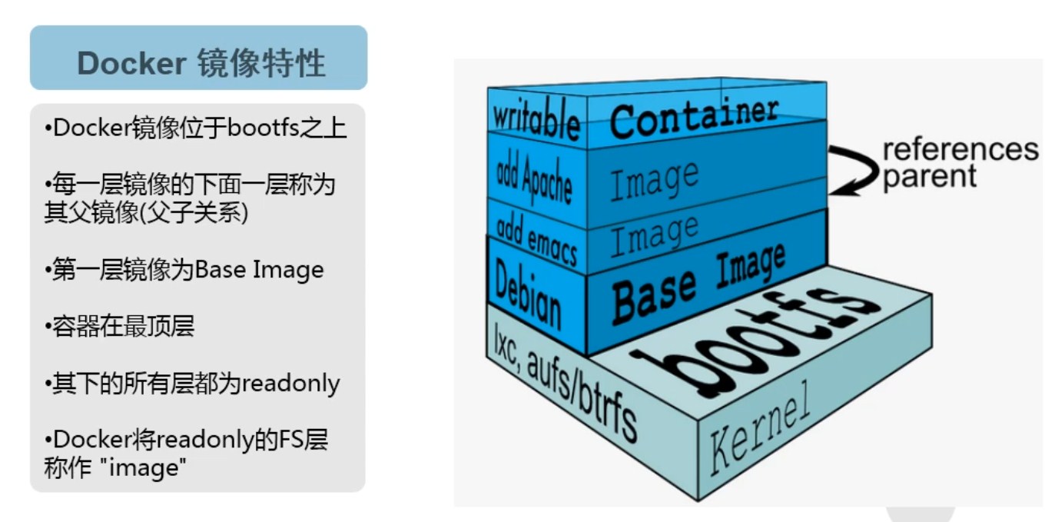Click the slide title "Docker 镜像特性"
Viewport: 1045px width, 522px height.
click(201, 63)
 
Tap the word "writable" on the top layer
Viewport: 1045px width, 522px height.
click(536, 119)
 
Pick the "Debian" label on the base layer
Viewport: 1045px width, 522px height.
click(528, 293)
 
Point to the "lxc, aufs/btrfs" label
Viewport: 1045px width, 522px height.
click(564, 388)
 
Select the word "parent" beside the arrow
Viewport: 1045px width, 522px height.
click(930, 176)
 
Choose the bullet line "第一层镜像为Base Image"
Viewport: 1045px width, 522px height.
click(184, 270)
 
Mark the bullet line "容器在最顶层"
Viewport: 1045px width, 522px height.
click(120, 327)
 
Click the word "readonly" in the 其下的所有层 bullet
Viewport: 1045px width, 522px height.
click(291, 383)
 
